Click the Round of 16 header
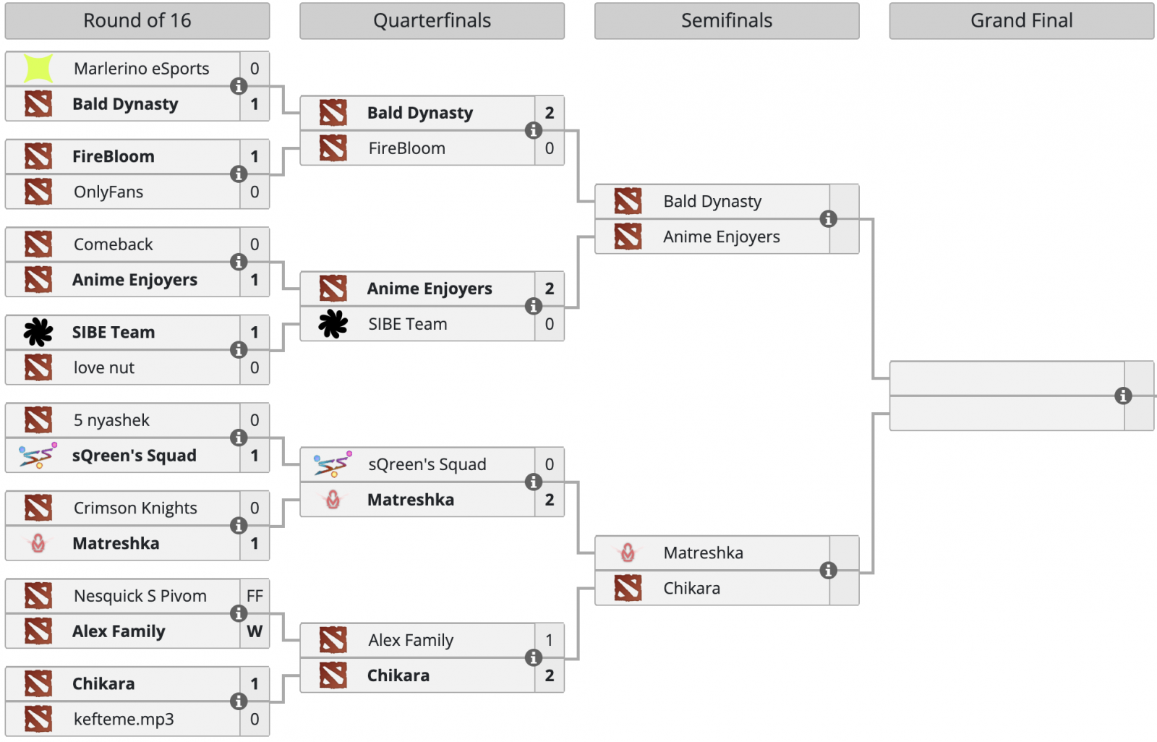[x=137, y=21]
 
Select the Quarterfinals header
[x=432, y=21]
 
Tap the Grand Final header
[x=1021, y=21]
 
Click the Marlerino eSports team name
[x=141, y=69]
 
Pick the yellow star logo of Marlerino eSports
[x=38, y=69]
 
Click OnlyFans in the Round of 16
[x=108, y=192]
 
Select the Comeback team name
[x=114, y=244]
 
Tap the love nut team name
[x=104, y=368]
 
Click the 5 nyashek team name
[x=111, y=420]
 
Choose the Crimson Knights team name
[x=135, y=508]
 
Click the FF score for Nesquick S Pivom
[x=255, y=596]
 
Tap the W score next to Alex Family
[x=255, y=631]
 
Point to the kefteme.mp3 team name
[x=124, y=720]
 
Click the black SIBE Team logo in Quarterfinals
[x=333, y=324]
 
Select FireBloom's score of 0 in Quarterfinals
[x=550, y=148]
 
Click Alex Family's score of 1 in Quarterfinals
[x=550, y=640]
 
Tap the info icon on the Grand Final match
[x=1123, y=396]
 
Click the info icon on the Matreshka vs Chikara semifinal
[x=829, y=571]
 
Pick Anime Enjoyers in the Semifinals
[x=722, y=237]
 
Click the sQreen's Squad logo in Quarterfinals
[x=333, y=464]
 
